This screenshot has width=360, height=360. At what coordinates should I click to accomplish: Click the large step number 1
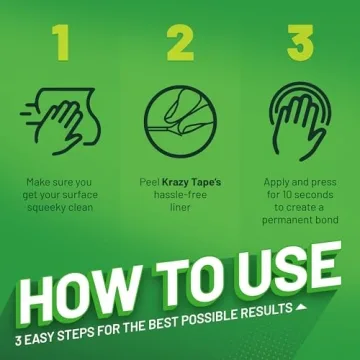click(x=61, y=43)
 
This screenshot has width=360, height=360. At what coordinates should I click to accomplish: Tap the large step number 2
click(x=180, y=43)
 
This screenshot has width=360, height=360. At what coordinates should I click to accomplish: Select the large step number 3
click(x=300, y=43)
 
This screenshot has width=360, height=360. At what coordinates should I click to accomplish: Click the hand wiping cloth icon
click(x=60, y=121)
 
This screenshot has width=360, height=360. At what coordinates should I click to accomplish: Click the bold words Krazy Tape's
click(x=191, y=183)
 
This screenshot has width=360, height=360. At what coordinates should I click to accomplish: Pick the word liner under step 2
click(x=180, y=207)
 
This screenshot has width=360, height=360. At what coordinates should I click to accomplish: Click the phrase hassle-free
click(x=180, y=195)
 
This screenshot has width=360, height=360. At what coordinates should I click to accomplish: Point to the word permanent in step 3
click(x=284, y=220)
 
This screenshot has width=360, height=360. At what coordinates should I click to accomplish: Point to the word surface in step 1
click(x=81, y=195)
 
